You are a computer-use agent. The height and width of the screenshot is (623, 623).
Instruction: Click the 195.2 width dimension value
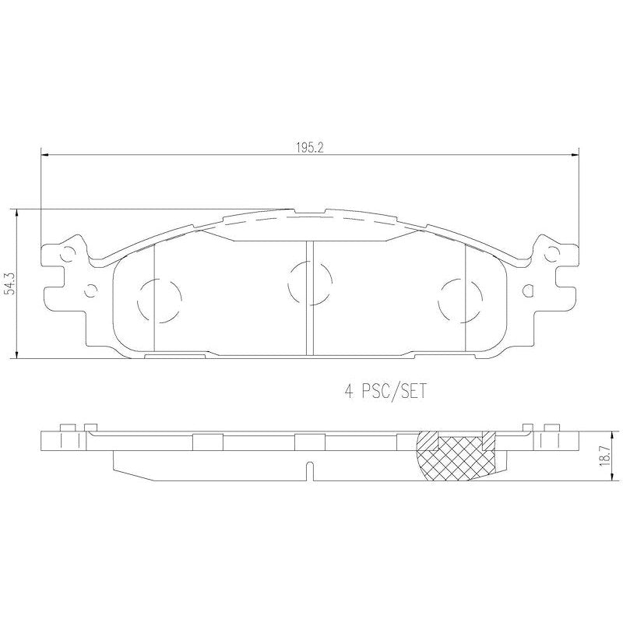tap(308, 146)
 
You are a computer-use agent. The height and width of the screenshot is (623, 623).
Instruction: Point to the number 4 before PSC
tap(349, 392)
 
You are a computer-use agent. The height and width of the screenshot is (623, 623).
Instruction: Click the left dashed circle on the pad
tap(160, 299)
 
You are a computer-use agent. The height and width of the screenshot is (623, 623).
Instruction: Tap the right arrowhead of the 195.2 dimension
tap(575, 154)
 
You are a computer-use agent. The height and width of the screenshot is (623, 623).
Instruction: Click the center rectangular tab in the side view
tap(309, 442)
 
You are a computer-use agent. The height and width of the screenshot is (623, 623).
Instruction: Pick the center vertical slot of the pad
tap(309, 296)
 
